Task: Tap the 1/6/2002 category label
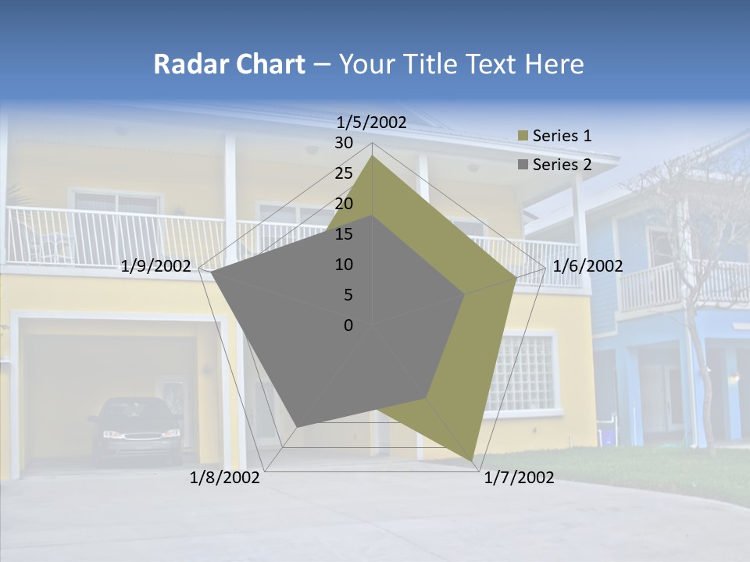[x=587, y=266]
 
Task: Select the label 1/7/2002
[x=519, y=478]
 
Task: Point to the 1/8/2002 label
[x=225, y=478]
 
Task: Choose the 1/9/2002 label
[x=156, y=266]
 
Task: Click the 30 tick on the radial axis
[x=344, y=143]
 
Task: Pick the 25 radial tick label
[x=344, y=173]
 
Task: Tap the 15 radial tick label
[x=344, y=234]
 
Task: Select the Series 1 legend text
[x=562, y=136]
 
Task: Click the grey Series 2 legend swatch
[x=523, y=165]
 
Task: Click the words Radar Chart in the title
[x=229, y=65]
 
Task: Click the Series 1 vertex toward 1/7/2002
[x=472, y=460]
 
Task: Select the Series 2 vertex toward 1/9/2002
[x=212, y=272]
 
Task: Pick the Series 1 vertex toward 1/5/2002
[x=373, y=156]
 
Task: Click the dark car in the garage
[x=135, y=429]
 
